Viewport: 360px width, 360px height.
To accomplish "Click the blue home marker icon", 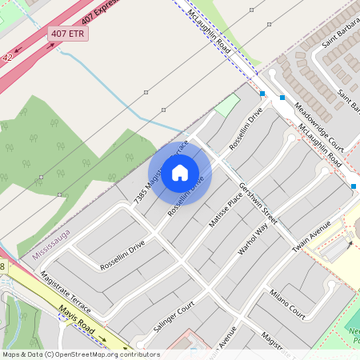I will pyautogui.click(x=180, y=173).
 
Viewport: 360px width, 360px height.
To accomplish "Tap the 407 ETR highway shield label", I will pyautogui.click(x=68, y=34).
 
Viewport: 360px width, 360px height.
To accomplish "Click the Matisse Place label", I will pyautogui.click(x=225, y=206).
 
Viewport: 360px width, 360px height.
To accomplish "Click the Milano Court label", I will pyautogui.click(x=287, y=302).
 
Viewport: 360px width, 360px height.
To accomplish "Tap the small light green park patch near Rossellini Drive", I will pyautogui.click(x=227, y=106).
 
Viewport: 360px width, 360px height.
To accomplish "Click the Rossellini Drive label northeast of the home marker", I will pyautogui.click(x=246, y=129).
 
